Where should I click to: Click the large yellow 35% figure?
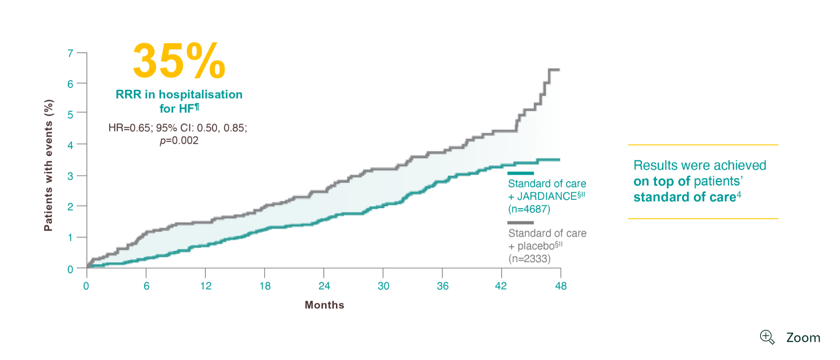pos(179,61)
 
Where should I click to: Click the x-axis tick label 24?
pos(324,286)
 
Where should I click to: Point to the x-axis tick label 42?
pos(501,286)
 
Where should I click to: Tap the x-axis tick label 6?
pos(146,286)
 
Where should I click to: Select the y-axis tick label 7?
pos(71,53)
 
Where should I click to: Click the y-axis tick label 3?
pos(71,176)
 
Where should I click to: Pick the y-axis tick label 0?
pos(71,269)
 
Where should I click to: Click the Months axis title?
pos(324,305)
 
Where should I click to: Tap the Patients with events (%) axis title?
pos(48,165)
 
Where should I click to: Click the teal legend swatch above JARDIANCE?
pos(520,173)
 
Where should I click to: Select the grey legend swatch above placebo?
pos(520,223)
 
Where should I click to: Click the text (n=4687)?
pos(529,209)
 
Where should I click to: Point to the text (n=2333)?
pos(529,259)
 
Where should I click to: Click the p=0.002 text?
pos(179,140)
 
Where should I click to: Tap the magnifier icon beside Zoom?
pos(767,337)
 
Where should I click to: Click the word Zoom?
pos(803,338)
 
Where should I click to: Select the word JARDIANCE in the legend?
pos(547,196)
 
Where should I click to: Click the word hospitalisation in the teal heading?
pos(201,94)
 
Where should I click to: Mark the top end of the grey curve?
pos(558,70)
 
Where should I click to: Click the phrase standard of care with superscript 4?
pos(686,197)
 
